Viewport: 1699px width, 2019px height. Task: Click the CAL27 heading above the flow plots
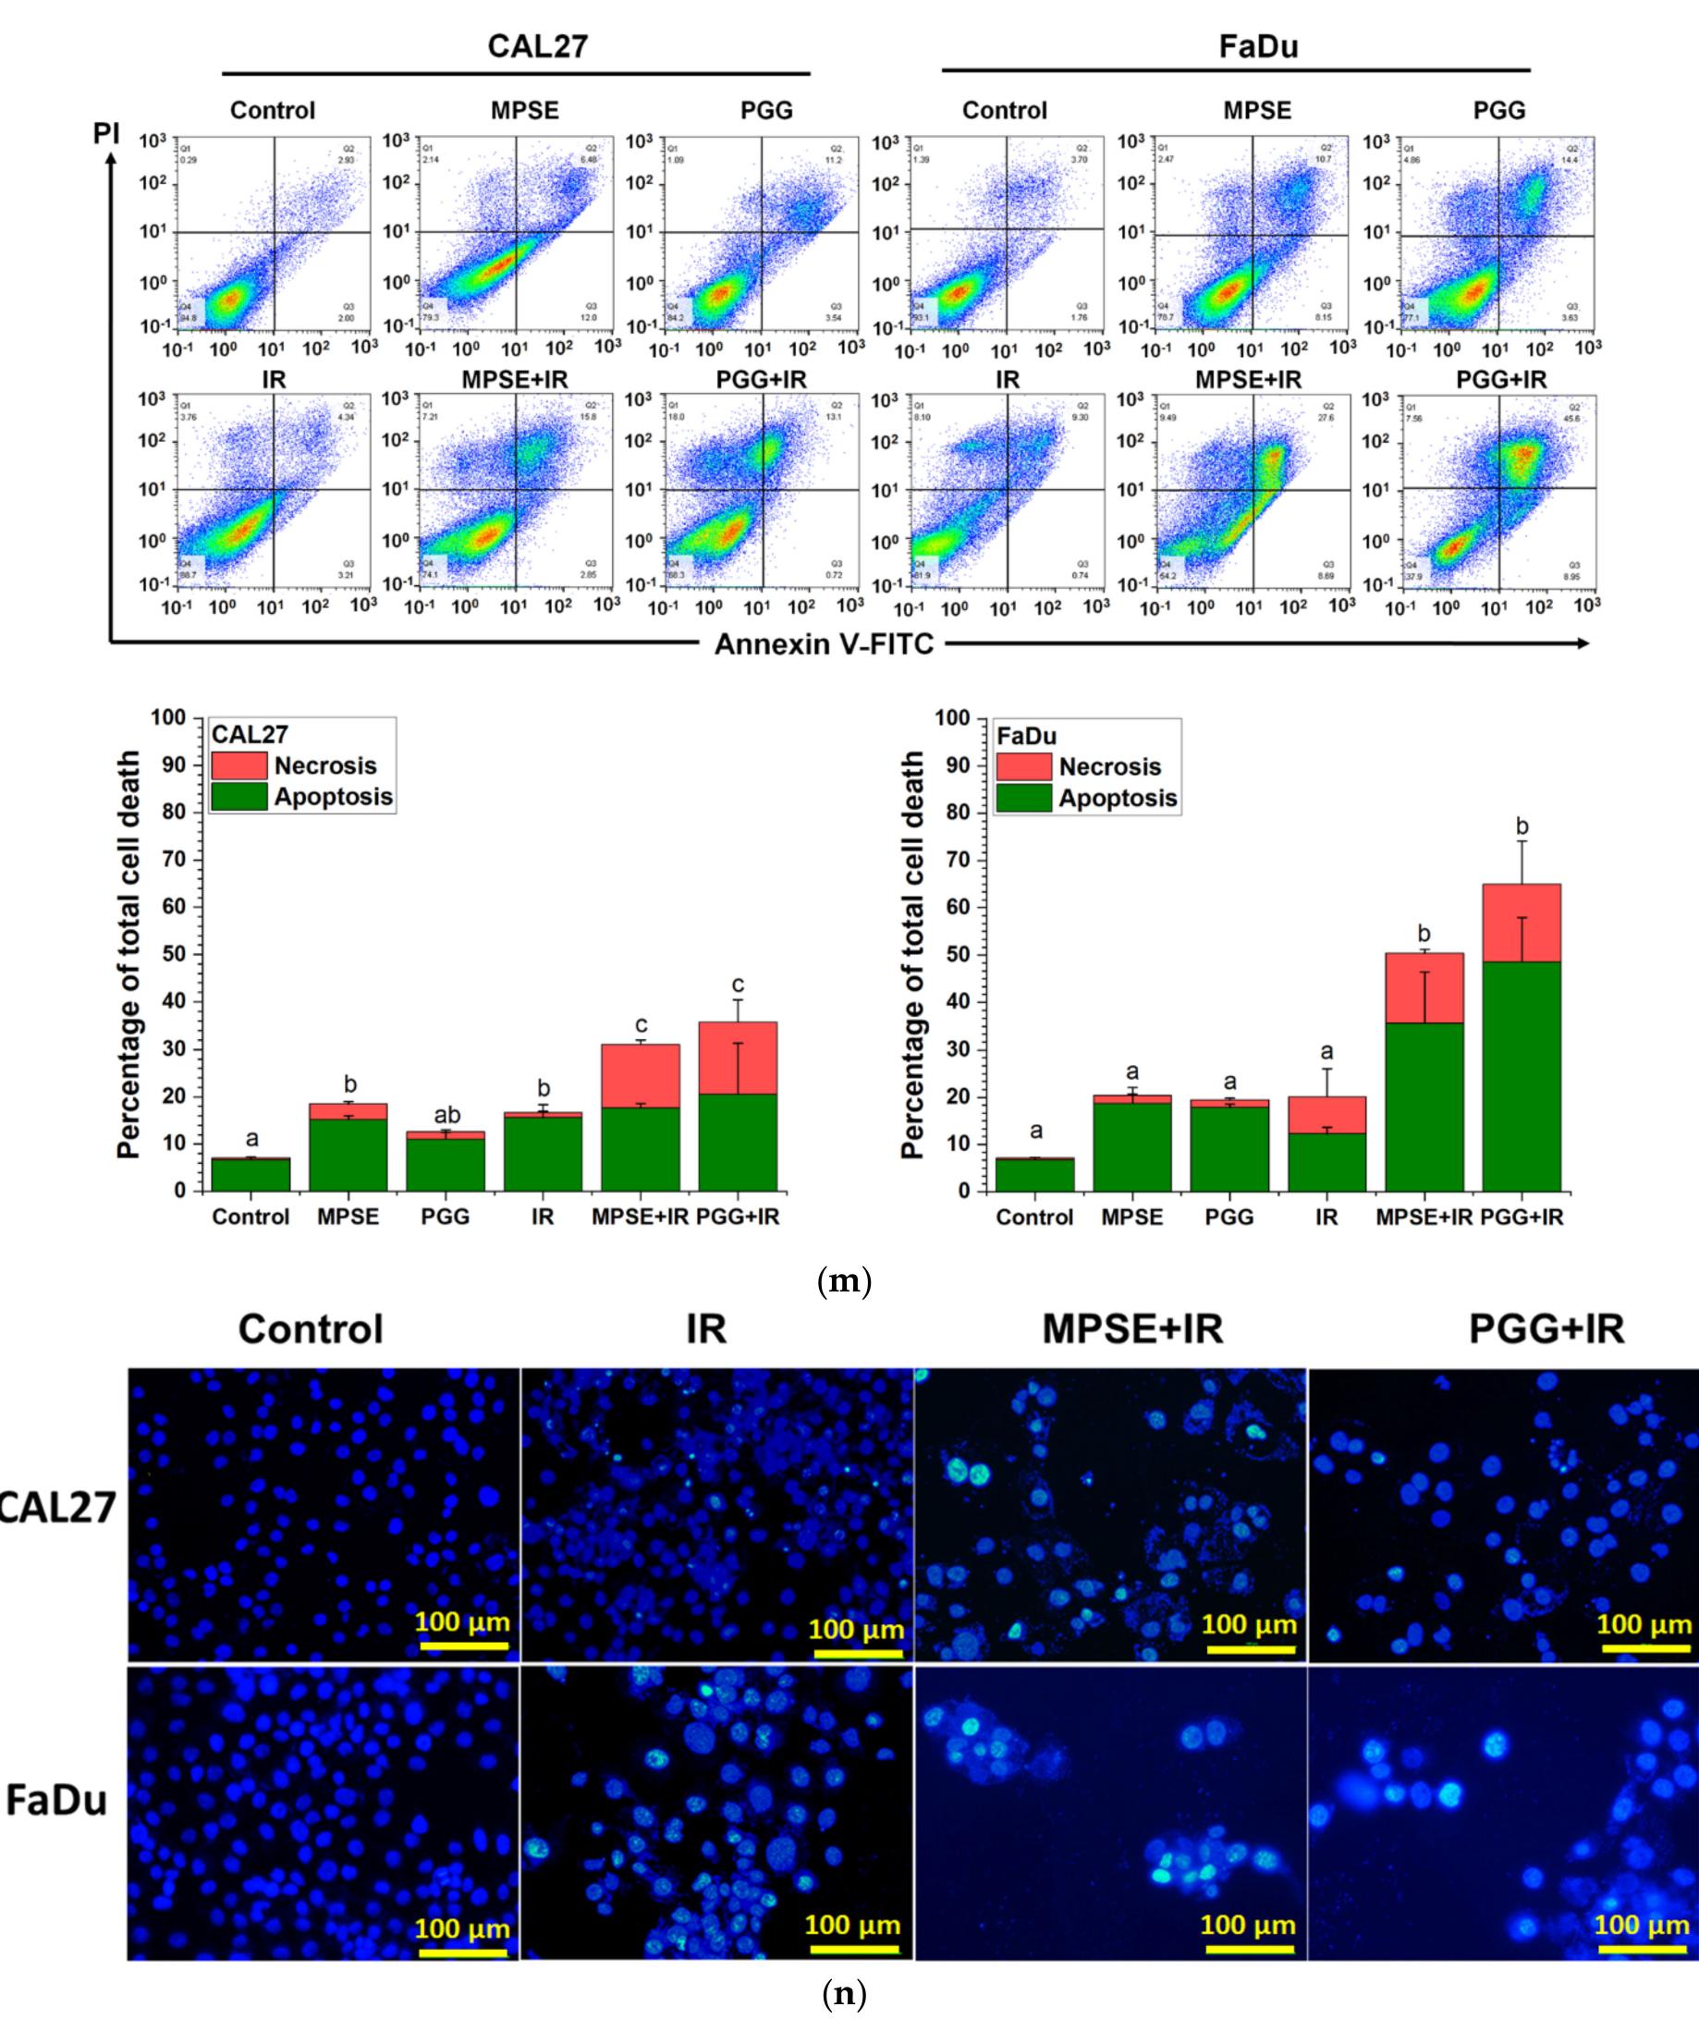[537, 45]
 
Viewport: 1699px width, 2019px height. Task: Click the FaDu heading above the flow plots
[1258, 46]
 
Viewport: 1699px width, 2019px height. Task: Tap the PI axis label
[106, 133]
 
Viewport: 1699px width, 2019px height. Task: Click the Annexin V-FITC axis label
[824, 643]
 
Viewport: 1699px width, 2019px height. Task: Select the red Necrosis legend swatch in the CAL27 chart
[238, 765]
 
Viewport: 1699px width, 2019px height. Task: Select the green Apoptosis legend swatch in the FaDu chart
[1023, 798]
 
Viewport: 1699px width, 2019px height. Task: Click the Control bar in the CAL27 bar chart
[251, 1174]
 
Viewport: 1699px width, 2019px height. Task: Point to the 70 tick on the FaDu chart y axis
[954, 859]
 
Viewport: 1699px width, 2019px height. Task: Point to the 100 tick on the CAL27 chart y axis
[167, 717]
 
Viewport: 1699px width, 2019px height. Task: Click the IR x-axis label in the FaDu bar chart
[1326, 1217]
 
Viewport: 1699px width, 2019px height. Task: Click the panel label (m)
[844, 1281]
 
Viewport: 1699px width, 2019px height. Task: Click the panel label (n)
[844, 1993]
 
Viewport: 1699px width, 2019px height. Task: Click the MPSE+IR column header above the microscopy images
[1131, 1329]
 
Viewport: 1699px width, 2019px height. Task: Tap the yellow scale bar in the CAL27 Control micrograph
[462, 1646]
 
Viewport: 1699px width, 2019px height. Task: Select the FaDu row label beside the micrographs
[55, 1799]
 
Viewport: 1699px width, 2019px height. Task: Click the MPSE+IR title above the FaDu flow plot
[1247, 381]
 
